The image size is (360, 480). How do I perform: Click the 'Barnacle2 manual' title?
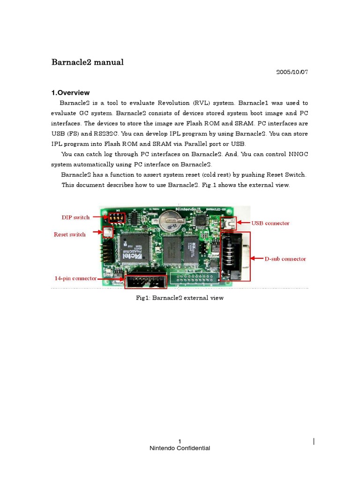[87, 62]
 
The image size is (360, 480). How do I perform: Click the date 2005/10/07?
[292, 72]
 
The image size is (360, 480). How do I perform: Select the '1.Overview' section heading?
[70, 93]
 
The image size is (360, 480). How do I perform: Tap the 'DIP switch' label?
[76, 217]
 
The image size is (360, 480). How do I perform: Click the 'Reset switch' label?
[69, 234]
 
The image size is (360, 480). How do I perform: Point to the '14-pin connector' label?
[75, 278]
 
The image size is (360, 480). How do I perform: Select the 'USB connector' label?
[270, 224]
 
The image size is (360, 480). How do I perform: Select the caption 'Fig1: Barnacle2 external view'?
[180, 298]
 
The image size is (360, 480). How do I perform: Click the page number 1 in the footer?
[180, 441]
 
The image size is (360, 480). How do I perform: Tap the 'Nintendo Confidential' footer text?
[180, 448]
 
